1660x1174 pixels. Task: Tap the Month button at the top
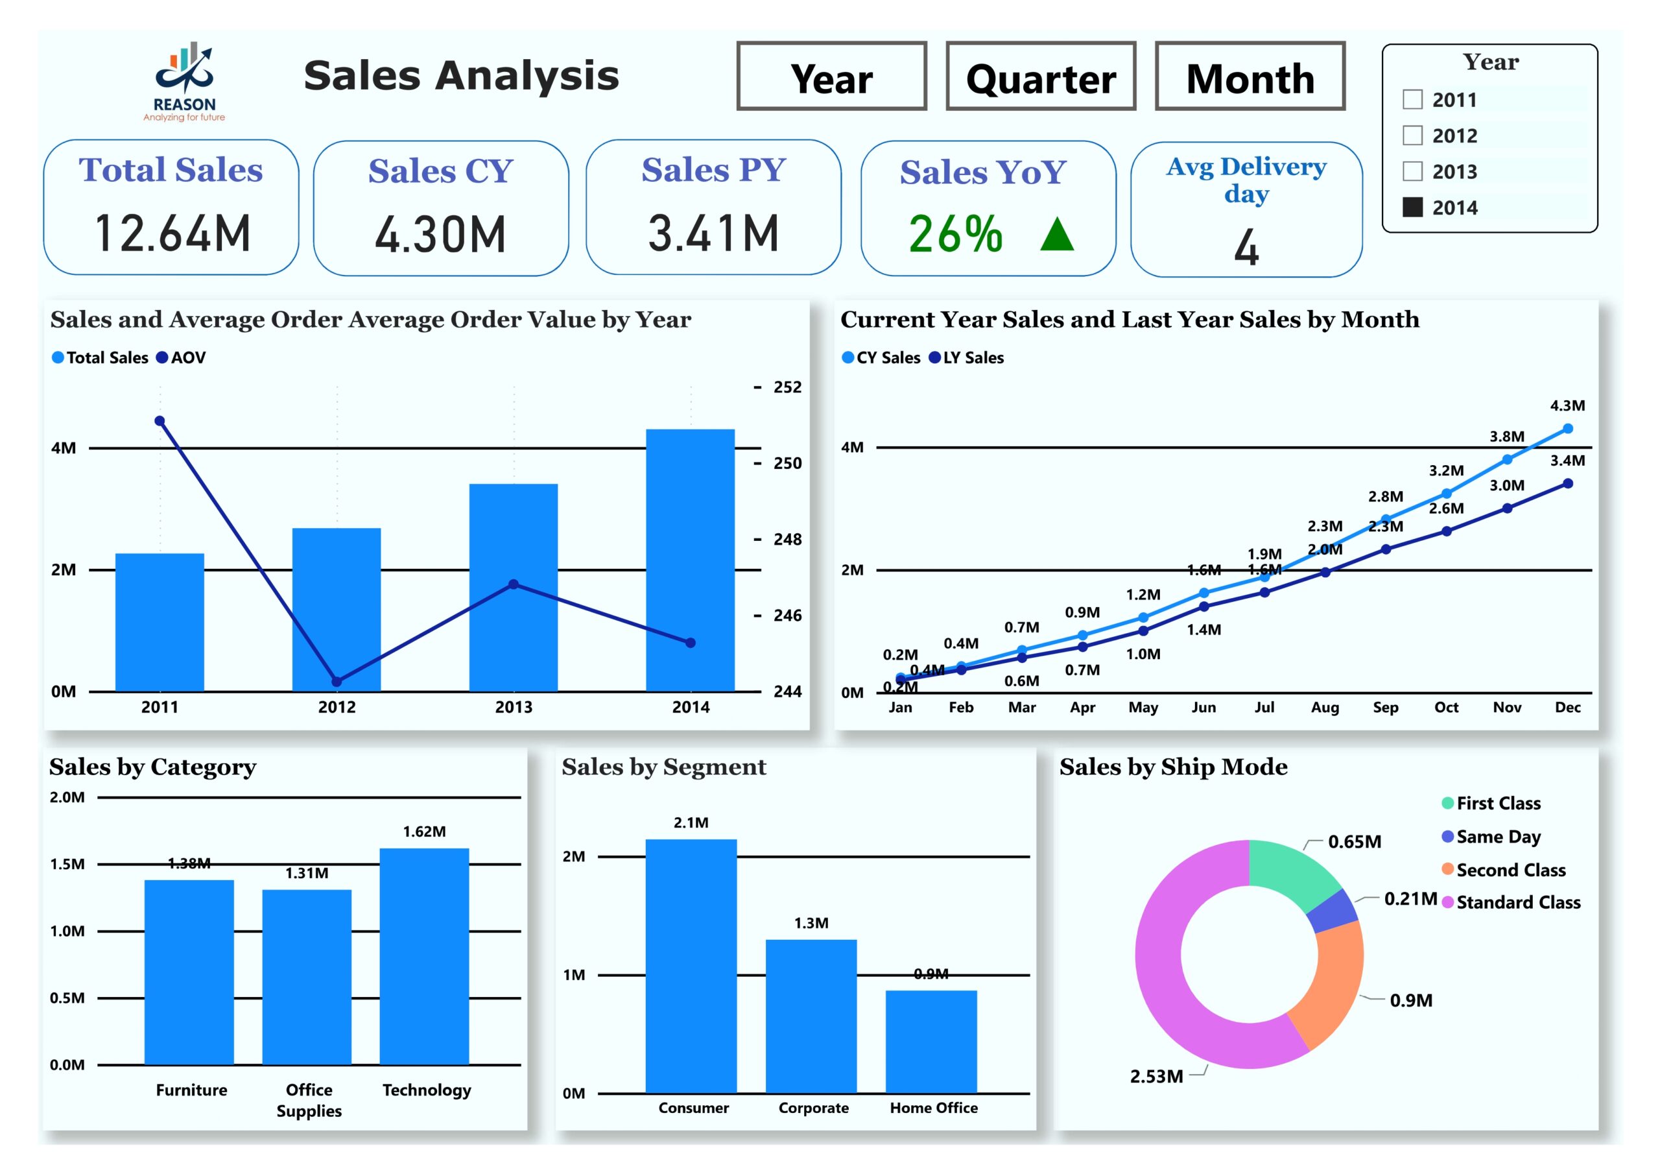click(x=1250, y=77)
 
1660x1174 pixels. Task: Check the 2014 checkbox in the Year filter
click(x=1412, y=208)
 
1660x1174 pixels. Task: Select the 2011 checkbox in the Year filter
click(x=1412, y=99)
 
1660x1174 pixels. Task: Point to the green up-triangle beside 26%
click(x=1056, y=235)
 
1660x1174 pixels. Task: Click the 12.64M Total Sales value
click(x=172, y=233)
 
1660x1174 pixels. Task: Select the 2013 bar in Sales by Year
click(x=514, y=588)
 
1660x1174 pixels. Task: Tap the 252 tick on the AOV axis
click(x=787, y=387)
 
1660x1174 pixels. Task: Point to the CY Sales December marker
click(x=1567, y=429)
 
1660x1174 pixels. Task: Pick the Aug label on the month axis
click(x=1325, y=708)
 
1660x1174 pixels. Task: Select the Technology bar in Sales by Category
click(x=424, y=955)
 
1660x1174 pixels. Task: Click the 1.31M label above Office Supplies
click(x=307, y=873)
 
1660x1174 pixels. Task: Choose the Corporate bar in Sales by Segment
click(x=811, y=1016)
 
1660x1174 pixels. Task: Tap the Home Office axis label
click(x=933, y=1107)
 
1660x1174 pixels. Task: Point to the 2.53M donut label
click(x=1156, y=1076)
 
